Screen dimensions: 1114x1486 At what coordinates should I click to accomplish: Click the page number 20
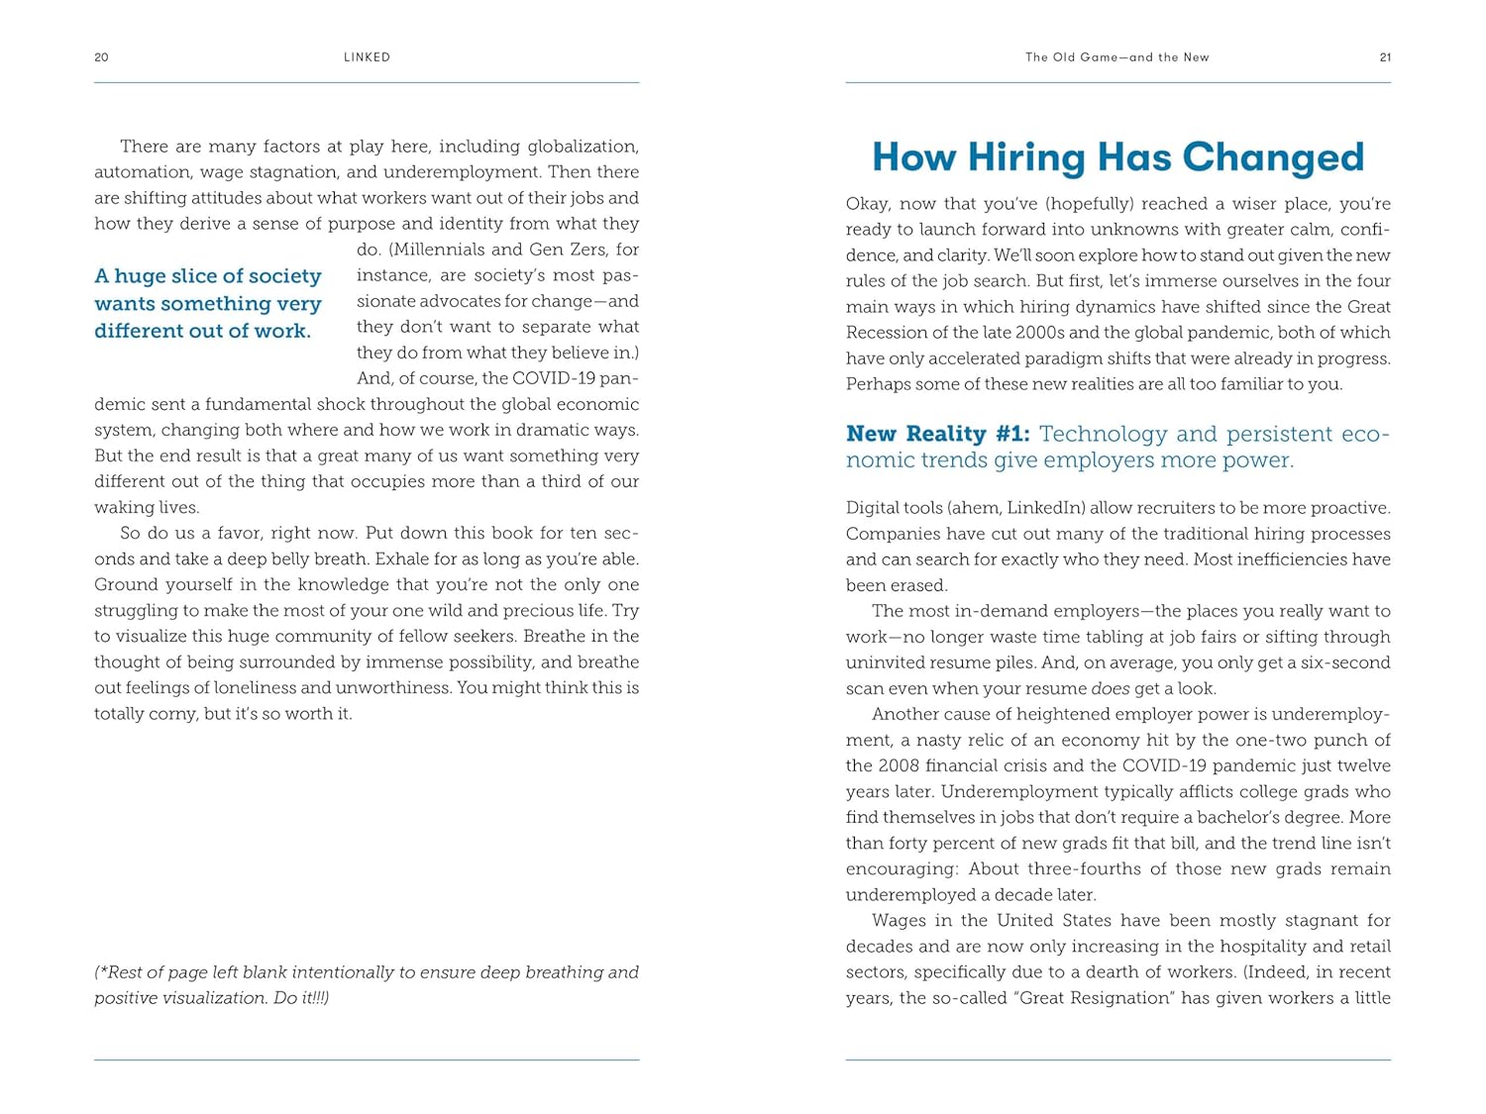[101, 57]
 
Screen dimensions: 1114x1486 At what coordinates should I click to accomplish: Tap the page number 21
[1385, 57]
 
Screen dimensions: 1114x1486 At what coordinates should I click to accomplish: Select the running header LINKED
[367, 57]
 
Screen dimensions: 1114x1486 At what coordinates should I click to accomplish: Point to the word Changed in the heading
[1273, 157]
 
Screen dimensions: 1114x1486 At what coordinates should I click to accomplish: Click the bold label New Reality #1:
[937, 434]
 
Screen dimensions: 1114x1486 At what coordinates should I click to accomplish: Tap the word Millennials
[437, 250]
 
